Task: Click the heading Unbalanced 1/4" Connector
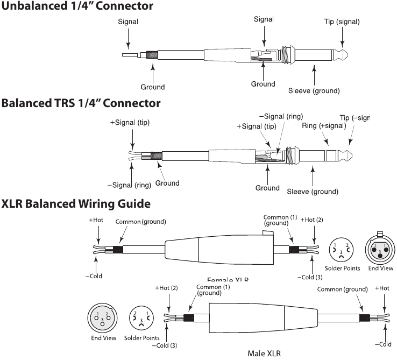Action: (77, 6)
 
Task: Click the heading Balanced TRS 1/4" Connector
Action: (81, 103)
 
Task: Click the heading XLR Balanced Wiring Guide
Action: (76, 204)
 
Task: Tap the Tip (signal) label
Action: (342, 22)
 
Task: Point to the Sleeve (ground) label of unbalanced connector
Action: (314, 90)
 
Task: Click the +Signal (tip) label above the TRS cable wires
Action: (130, 122)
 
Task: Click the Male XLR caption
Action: (265, 354)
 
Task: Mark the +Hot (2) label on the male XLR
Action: (166, 288)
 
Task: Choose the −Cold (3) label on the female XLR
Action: (310, 277)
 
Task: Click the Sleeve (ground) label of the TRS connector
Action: (313, 192)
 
